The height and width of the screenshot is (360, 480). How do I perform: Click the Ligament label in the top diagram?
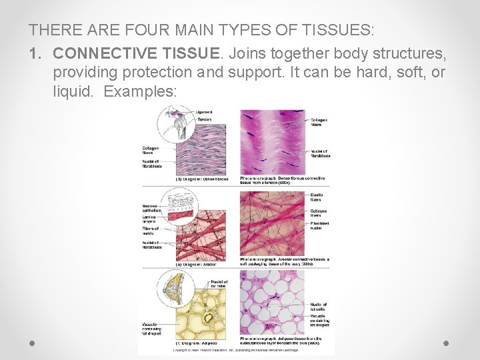205,111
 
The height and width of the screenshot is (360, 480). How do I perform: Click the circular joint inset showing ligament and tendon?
175,124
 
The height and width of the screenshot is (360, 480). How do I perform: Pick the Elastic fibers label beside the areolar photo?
317,197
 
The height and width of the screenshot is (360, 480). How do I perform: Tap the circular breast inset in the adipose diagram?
175,287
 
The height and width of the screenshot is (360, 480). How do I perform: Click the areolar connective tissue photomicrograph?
272,223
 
